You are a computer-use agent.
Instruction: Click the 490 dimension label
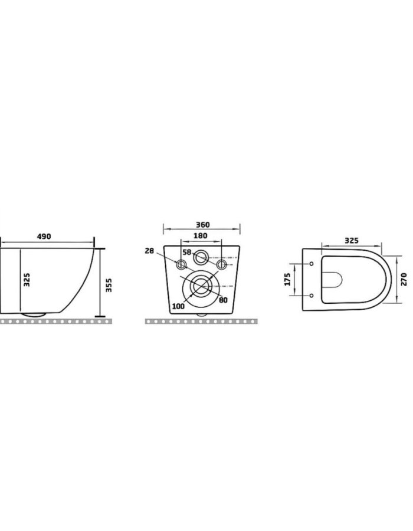point(44,237)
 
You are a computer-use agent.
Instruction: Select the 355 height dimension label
point(109,285)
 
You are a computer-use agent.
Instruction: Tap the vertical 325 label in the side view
point(27,280)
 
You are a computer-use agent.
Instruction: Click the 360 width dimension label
point(203,225)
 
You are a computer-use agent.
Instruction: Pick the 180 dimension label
point(201,235)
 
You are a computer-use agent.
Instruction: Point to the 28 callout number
point(149,251)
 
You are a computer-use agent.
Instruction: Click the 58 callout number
point(187,253)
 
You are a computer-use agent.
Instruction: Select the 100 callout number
point(178,306)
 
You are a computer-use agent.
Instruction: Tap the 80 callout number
point(223,300)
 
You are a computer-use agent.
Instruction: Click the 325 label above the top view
point(352,241)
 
